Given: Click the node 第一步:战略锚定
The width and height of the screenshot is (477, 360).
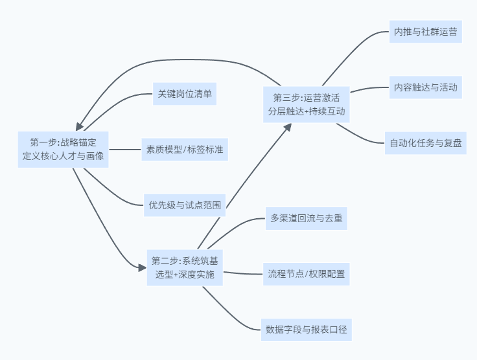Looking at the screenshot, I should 64,150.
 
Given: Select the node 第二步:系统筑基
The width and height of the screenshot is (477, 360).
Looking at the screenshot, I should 185,267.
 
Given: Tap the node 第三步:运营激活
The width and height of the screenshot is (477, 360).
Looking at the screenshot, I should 307,104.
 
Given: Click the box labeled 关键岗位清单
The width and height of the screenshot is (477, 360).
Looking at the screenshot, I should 184,94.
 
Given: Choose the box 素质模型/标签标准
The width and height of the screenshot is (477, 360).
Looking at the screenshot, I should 185,150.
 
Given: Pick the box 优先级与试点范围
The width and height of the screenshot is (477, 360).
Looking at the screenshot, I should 185,207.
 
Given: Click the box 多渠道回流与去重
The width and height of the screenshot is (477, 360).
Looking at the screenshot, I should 307,219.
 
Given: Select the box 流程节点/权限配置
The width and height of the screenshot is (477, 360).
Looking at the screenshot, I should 307,275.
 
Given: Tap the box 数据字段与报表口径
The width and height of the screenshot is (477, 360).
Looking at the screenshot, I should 307,330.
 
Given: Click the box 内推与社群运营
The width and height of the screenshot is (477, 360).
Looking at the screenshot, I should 425,30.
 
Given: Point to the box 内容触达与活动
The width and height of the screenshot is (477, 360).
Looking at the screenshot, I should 425,87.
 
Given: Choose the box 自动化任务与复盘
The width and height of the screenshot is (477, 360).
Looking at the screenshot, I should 425,143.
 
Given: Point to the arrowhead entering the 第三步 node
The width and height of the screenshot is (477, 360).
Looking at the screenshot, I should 286,127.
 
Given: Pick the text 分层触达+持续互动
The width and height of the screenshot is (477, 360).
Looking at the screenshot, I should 307,111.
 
